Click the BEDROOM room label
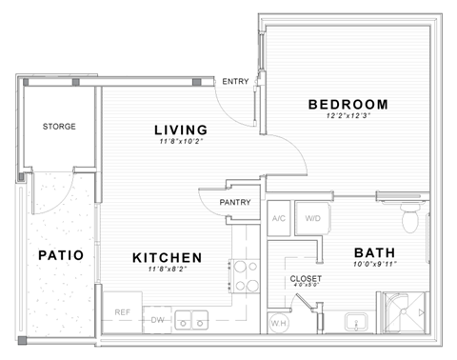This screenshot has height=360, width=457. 347,104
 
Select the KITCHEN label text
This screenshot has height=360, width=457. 167,257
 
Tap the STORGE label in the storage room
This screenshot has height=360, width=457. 59,126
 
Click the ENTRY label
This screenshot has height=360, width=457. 234,82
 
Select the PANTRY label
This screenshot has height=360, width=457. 234,203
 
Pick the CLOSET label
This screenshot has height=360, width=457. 306,279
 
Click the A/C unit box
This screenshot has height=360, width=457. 279,218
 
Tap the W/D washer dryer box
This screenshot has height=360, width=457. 311,218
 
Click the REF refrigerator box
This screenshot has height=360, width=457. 122,311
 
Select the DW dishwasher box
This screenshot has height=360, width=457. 158,320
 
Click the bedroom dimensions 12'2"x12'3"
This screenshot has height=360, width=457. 347,116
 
